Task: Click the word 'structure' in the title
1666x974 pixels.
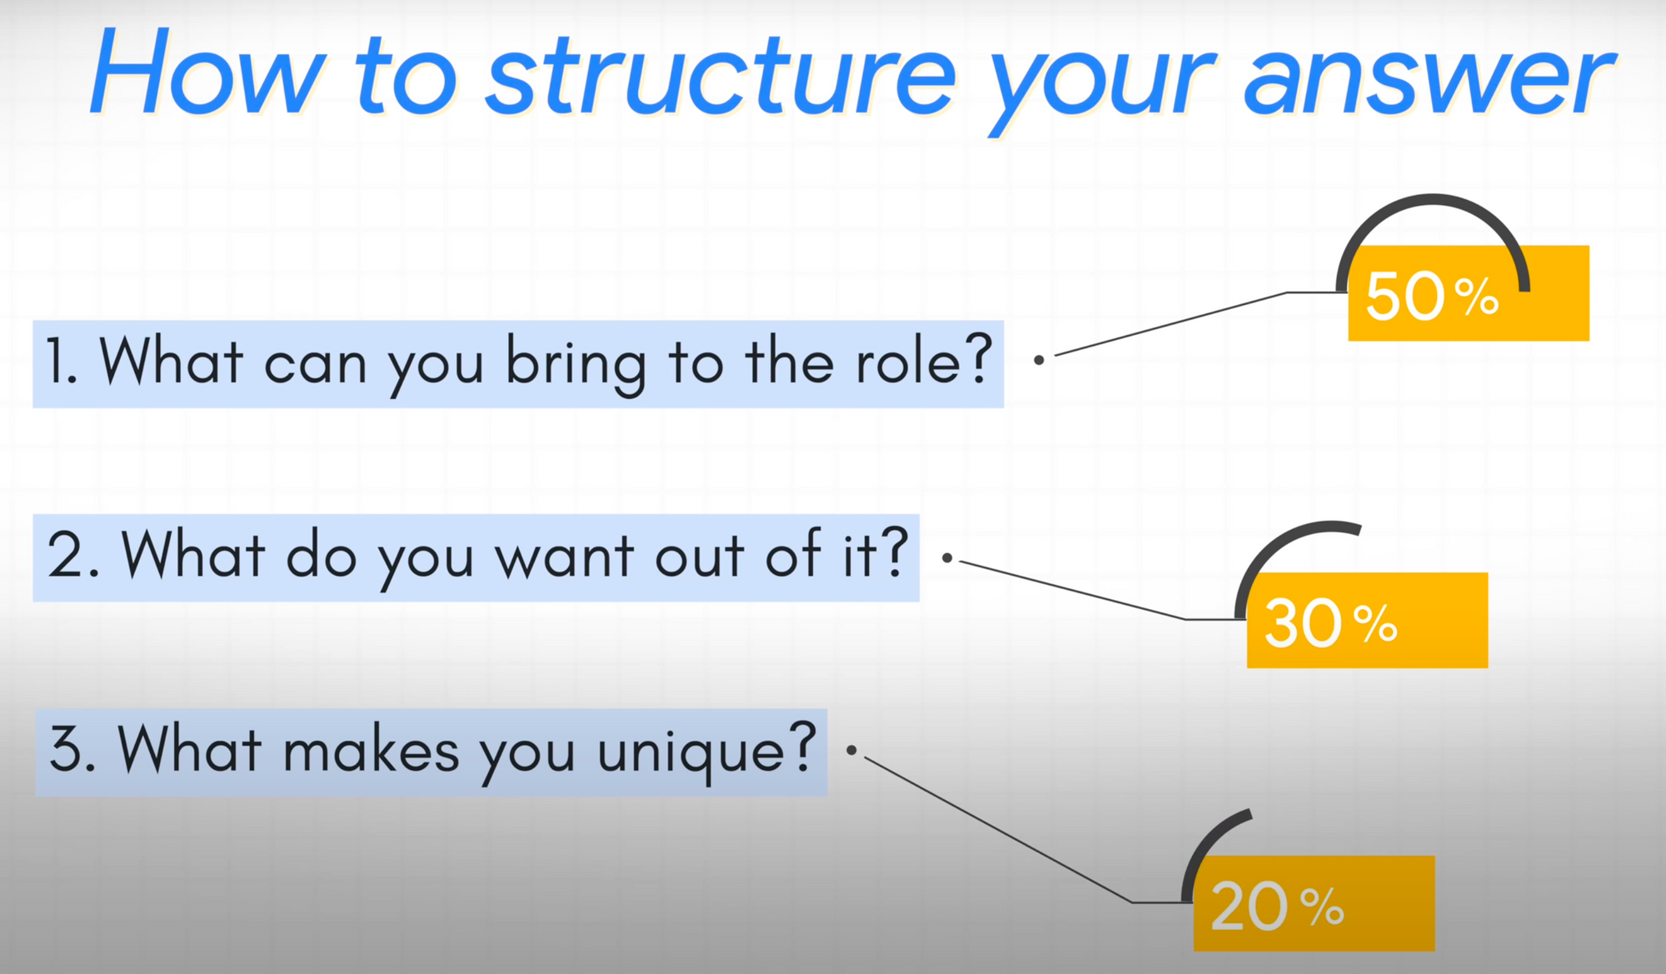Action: [721, 75]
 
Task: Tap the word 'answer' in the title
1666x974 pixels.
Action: [1429, 79]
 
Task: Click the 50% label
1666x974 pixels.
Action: [1432, 296]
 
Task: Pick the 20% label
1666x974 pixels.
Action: [1277, 907]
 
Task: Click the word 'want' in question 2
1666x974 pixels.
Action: [566, 557]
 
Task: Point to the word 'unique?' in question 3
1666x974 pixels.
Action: [707, 752]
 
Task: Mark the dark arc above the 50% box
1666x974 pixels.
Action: [1433, 199]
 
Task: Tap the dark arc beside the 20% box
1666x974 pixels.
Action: [1204, 842]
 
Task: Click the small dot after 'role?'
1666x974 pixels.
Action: [1039, 360]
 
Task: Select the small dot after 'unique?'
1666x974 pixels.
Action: [851, 750]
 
